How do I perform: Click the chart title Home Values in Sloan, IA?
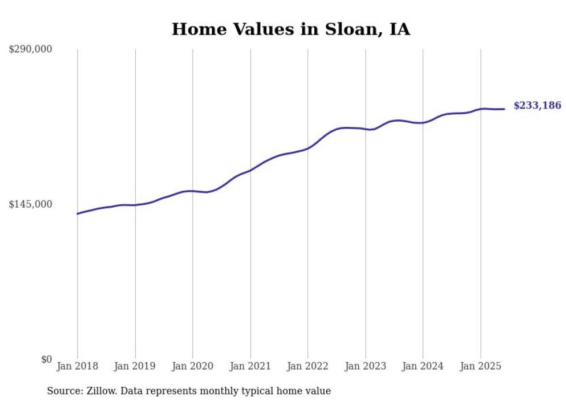291,29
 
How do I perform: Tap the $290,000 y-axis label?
31,50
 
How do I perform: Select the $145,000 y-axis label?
31,204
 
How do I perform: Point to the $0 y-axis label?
46,359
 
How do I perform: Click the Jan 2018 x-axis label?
77,366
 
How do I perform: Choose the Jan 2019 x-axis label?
135,366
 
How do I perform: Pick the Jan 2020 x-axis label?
193,366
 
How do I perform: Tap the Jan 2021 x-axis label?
250,366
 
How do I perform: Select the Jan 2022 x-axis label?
308,366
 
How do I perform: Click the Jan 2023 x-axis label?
365,366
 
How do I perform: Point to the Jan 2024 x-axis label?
423,366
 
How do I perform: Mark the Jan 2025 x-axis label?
481,366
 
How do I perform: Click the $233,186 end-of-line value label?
537,106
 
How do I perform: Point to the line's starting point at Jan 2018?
77,214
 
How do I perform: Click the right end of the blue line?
505,109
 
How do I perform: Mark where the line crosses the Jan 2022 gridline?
308,148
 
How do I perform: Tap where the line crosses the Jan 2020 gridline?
193,191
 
